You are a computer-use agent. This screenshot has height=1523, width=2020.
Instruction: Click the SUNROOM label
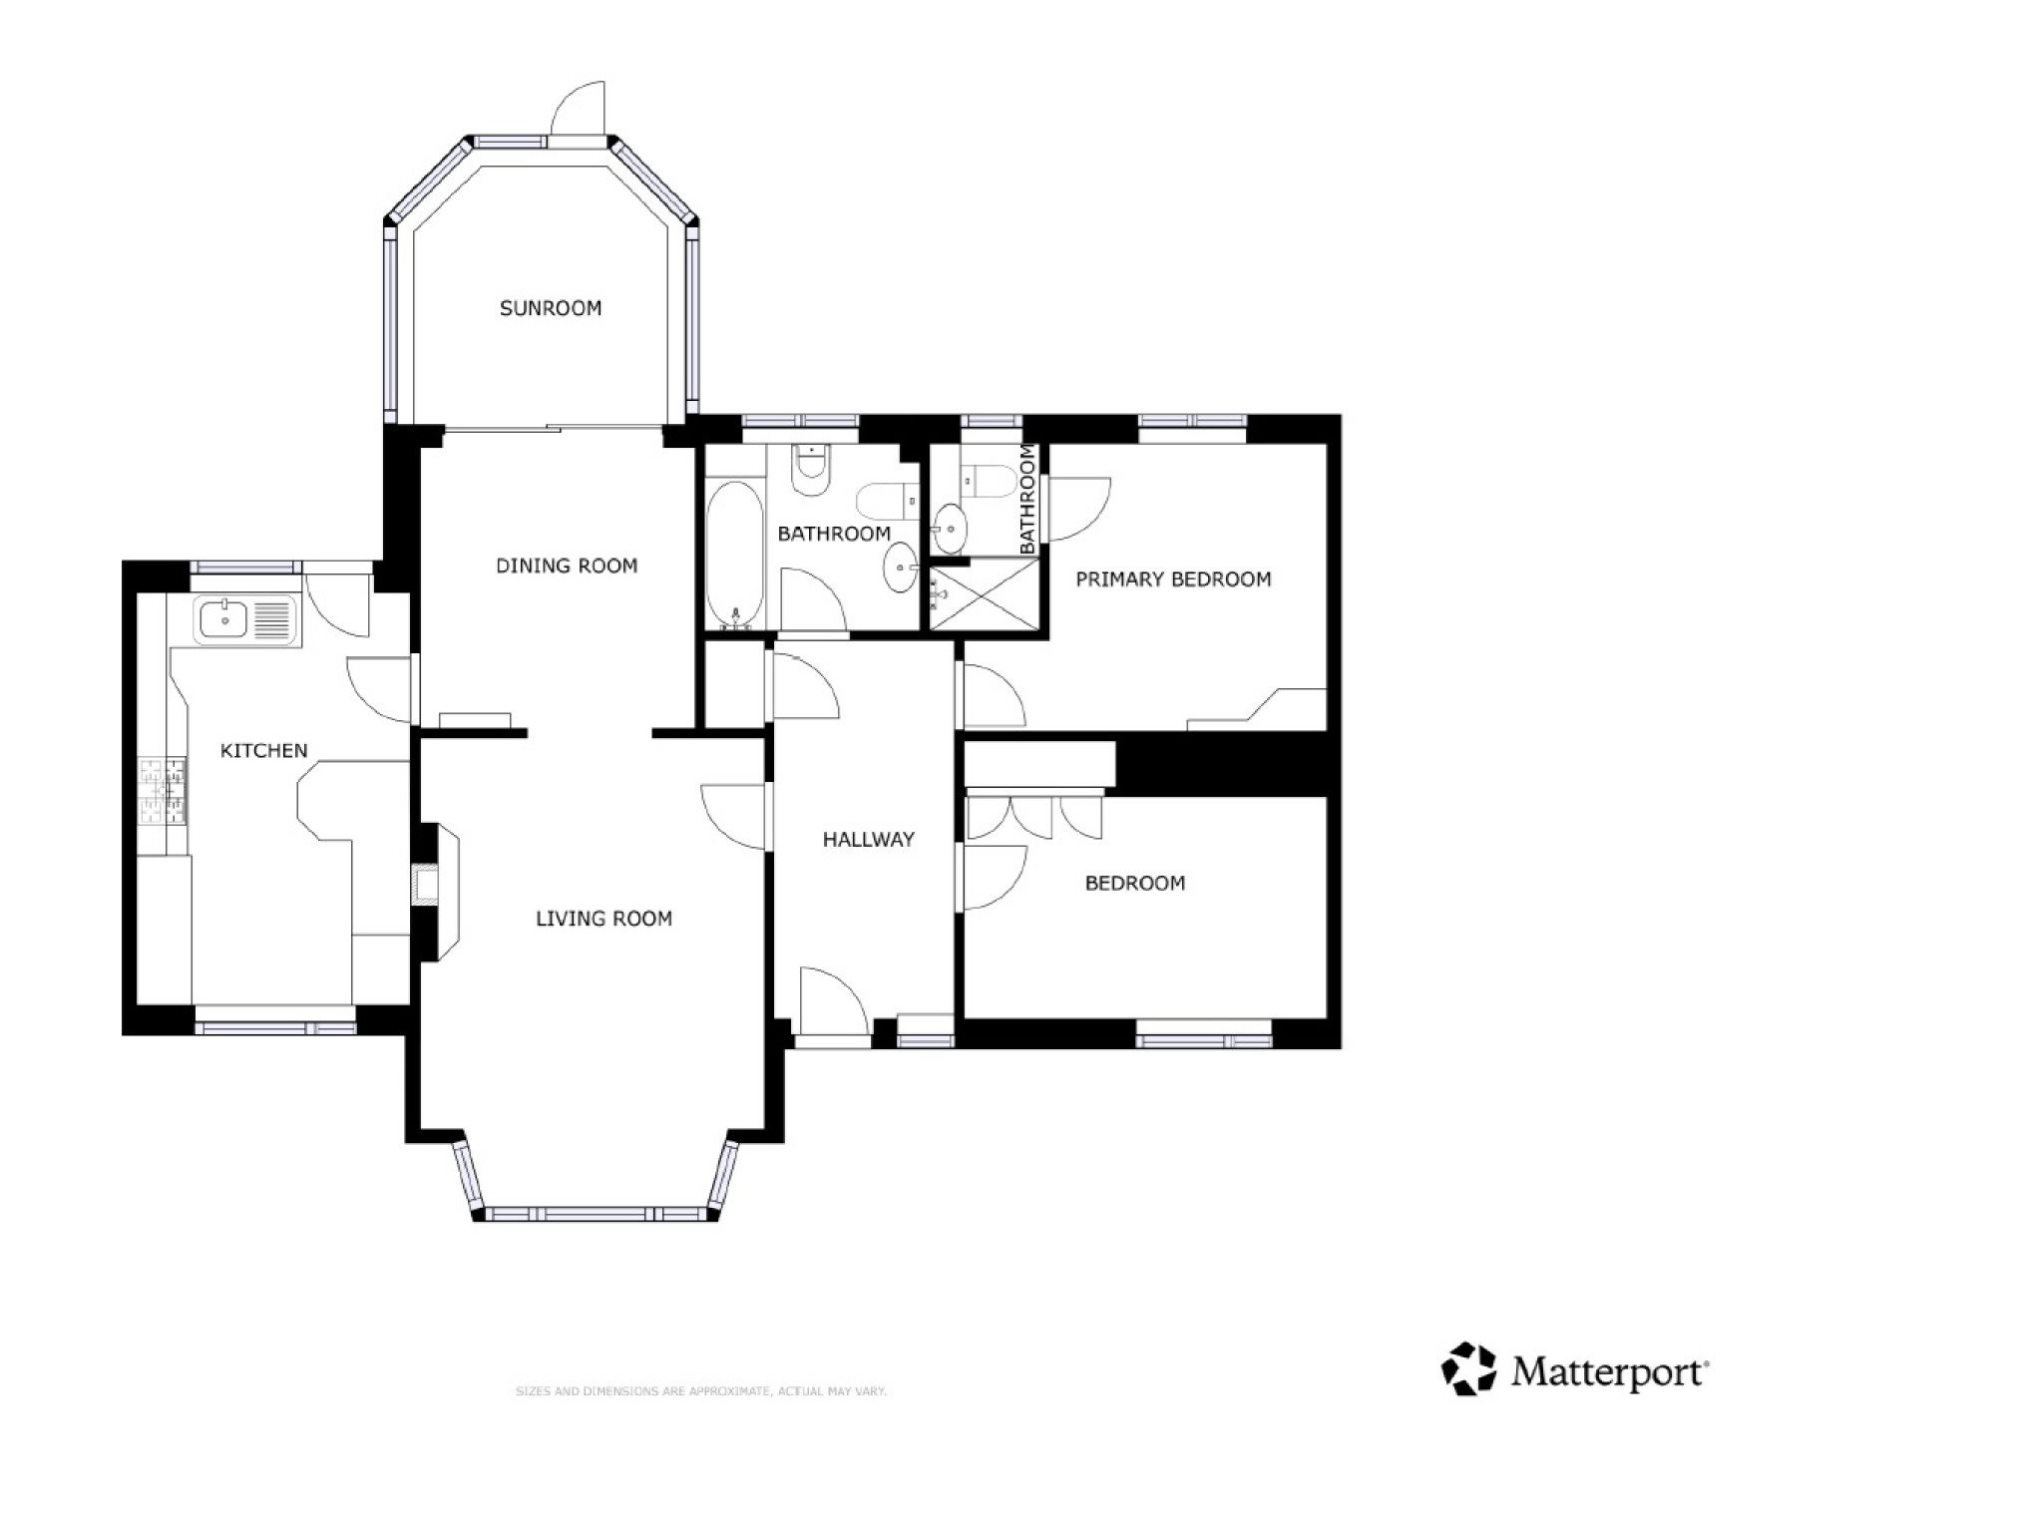[x=551, y=308]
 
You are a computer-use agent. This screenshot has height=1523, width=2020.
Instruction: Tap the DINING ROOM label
[x=567, y=566]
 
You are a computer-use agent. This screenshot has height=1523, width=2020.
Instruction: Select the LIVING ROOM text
[x=604, y=919]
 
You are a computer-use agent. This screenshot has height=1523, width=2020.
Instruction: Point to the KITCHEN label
[x=263, y=750]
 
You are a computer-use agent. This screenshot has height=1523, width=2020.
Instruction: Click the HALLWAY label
[x=868, y=840]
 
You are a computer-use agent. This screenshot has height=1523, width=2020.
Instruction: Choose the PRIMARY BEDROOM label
[x=1173, y=579]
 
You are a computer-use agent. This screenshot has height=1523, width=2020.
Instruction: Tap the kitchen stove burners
[x=163, y=791]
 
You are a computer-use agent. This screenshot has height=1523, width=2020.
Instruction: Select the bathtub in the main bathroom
[x=735, y=555]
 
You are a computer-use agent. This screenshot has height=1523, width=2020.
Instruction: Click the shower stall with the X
[x=984, y=593]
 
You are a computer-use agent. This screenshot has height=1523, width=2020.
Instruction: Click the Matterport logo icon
[x=1469, y=1368]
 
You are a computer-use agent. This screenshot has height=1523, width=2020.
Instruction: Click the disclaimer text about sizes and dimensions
[x=700, y=1390]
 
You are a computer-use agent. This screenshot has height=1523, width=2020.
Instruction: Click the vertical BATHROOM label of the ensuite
[x=1028, y=500]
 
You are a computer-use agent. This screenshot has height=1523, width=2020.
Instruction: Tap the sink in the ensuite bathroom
[x=949, y=527]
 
